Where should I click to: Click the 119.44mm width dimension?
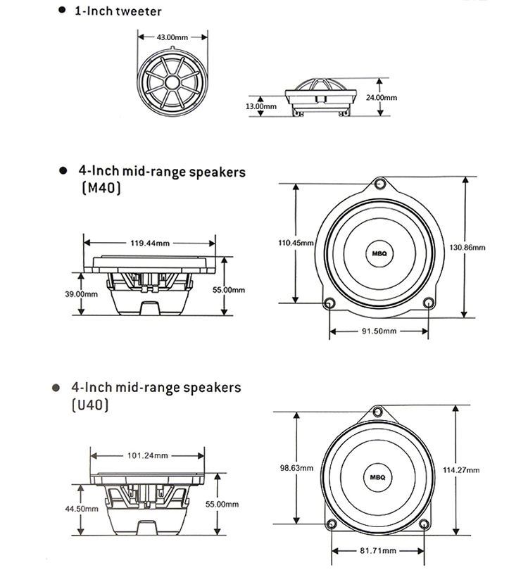150,243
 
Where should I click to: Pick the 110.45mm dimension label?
296,243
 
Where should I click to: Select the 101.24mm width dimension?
148,455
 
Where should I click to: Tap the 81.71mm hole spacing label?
378,550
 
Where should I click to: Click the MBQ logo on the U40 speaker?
378,476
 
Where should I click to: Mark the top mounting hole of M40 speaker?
379,185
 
